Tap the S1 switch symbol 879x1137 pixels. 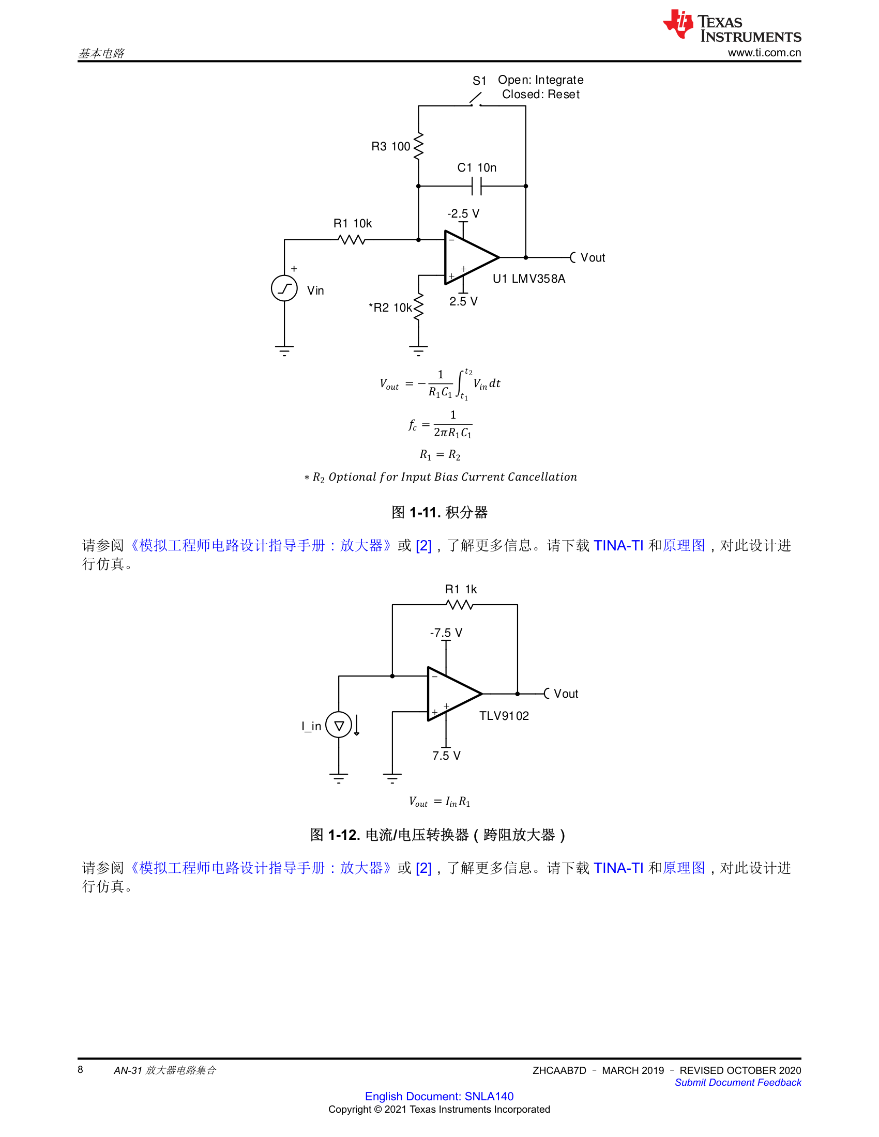pos(475,99)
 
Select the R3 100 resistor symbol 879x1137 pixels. pos(418,146)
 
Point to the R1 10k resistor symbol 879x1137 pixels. pos(352,240)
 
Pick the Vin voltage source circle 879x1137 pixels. pos(284,288)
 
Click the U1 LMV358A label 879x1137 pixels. pos(528,279)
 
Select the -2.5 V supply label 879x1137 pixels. pos(463,213)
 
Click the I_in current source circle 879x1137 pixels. pos(339,725)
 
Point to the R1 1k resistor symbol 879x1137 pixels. pos(460,605)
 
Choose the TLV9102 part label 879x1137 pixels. pos(504,716)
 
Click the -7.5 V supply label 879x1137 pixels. pos(446,633)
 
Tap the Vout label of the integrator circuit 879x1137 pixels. pos(593,258)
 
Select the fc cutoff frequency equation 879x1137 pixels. pos(440,424)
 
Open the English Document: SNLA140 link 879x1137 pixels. pos(439,1096)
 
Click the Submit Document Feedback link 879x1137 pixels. pos(738,1082)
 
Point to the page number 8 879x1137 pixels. pos(80,1069)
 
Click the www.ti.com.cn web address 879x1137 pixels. pos(764,53)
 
